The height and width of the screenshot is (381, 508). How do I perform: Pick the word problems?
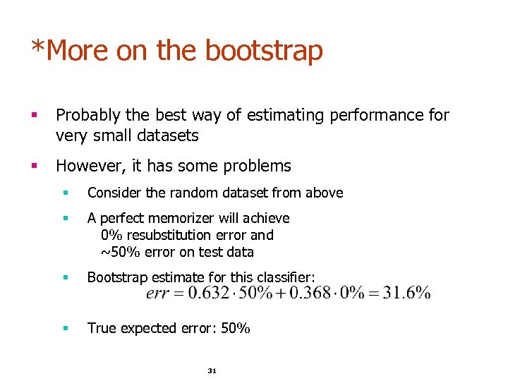[257, 167]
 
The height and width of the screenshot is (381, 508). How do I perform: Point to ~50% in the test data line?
[116, 252]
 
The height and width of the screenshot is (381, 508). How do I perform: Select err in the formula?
[157, 294]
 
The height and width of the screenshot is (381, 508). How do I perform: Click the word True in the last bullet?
[100, 328]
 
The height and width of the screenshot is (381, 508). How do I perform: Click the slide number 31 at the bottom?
[211, 370]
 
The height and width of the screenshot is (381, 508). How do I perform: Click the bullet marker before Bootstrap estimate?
[65, 277]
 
